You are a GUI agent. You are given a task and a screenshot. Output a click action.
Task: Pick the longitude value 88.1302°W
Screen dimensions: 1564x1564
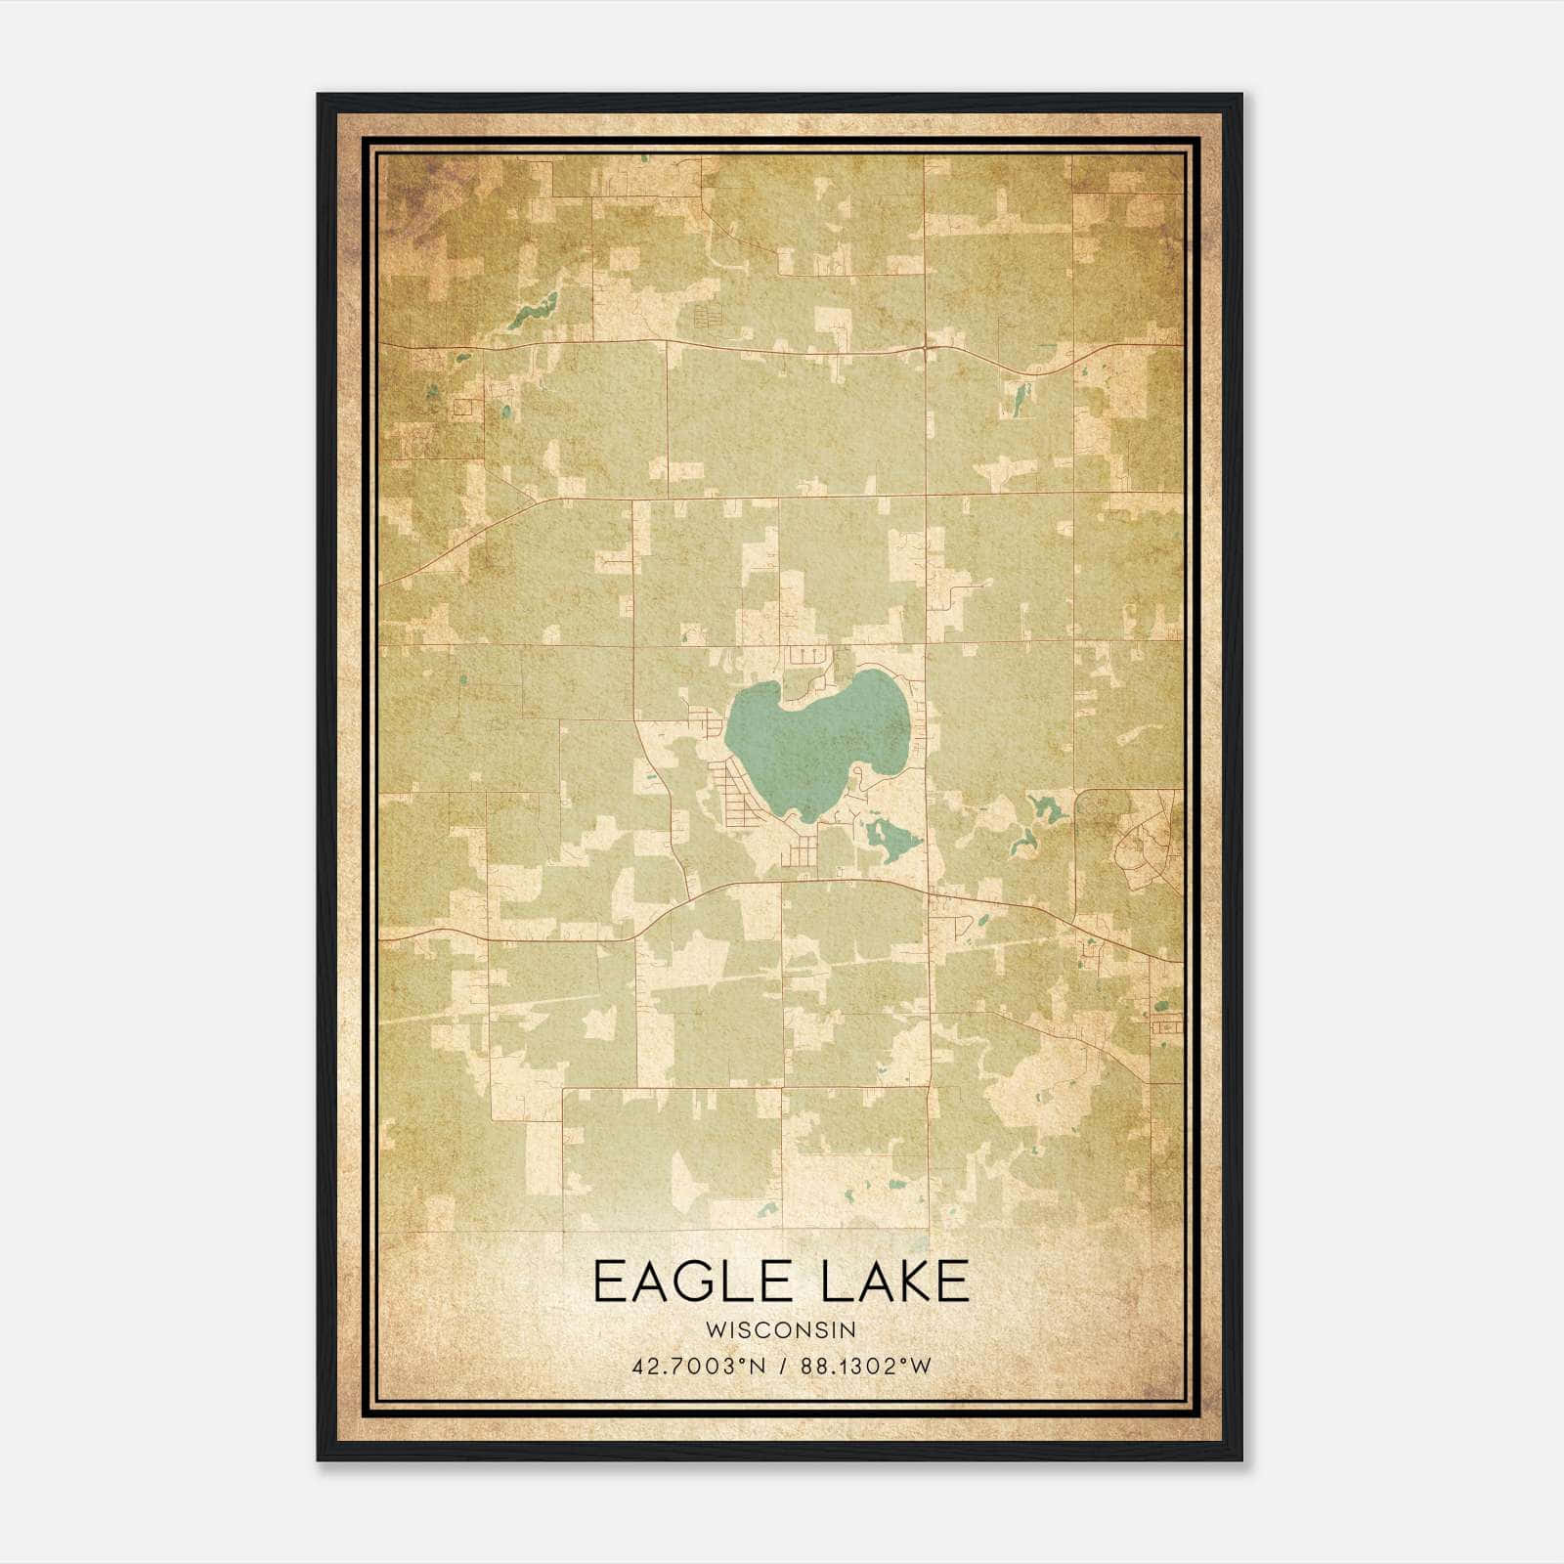pos(866,1366)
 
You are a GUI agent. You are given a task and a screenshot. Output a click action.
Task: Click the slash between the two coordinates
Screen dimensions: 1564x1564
pos(785,1366)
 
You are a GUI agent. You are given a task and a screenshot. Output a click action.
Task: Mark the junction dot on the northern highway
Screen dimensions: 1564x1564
pos(926,347)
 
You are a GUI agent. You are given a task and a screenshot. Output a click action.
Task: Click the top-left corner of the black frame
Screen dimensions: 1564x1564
pos(319,96)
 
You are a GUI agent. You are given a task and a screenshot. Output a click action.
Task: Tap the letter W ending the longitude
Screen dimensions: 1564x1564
pos(923,1366)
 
